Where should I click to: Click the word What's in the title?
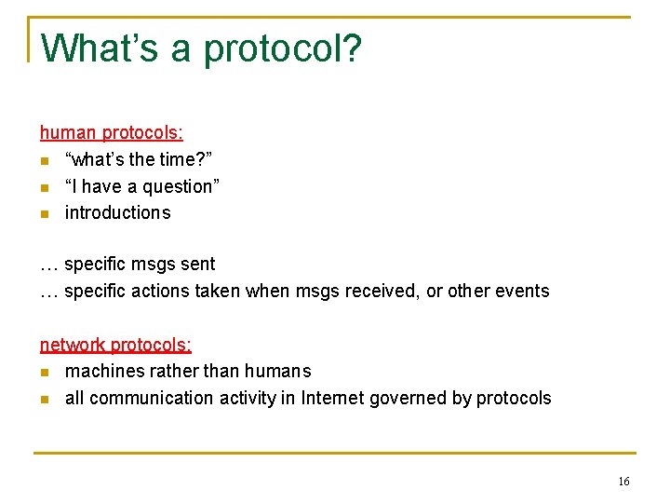pyautogui.click(x=100, y=48)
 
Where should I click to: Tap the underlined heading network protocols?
pyautogui.click(x=115, y=345)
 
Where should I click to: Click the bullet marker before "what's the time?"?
pyautogui.click(x=45, y=160)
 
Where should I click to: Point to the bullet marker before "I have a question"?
pyautogui.click(x=45, y=187)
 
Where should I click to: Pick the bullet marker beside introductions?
pyautogui.click(x=45, y=213)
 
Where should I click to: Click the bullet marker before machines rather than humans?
pyautogui.click(x=45, y=372)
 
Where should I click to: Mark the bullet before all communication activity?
pyautogui.click(x=45, y=399)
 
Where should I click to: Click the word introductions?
pyautogui.click(x=117, y=212)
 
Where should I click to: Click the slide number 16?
pyautogui.click(x=623, y=482)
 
